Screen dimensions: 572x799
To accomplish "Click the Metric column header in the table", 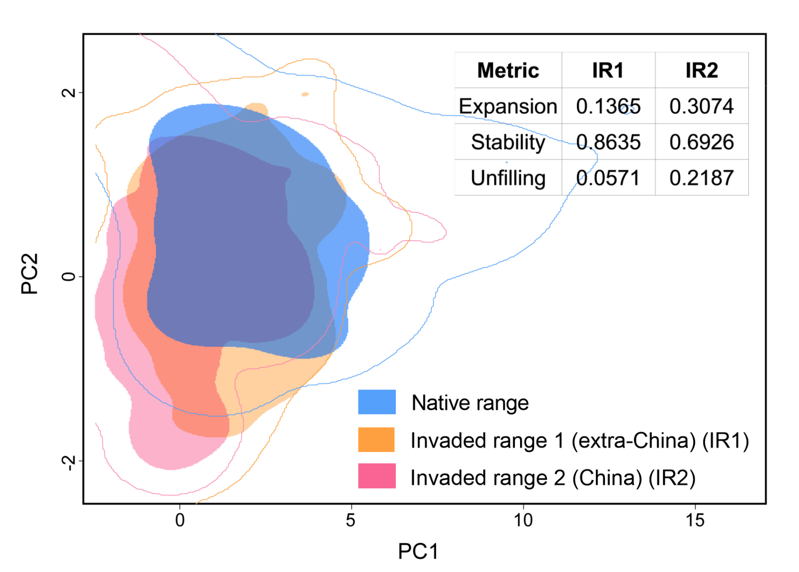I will (x=508, y=71).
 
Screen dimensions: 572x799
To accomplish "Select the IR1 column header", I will (x=608, y=71).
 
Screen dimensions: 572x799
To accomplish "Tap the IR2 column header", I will (x=702, y=71).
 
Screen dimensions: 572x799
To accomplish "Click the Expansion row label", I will (x=508, y=107).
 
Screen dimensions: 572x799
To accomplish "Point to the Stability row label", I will (x=508, y=142).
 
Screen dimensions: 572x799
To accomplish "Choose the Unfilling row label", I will (x=508, y=178).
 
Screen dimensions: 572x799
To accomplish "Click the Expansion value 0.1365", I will (x=608, y=107).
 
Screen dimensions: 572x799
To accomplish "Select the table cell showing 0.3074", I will (x=702, y=107).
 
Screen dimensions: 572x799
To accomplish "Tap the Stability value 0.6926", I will (x=702, y=142).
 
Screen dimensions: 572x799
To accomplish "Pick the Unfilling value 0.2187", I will (x=702, y=178).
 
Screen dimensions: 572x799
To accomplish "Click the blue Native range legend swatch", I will (x=377, y=402).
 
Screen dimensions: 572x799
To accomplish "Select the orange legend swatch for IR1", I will (x=377, y=440).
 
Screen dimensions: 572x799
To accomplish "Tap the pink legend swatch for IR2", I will (x=377, y=476).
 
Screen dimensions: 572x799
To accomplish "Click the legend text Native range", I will (x=470, y=403).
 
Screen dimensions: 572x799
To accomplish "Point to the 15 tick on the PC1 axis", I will (x=695, y=520).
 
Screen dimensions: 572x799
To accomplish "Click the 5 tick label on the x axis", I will (x=351, y=520).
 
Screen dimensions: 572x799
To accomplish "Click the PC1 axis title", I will (x=418, y=551).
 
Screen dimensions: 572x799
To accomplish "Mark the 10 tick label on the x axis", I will (x=523, y=520).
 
